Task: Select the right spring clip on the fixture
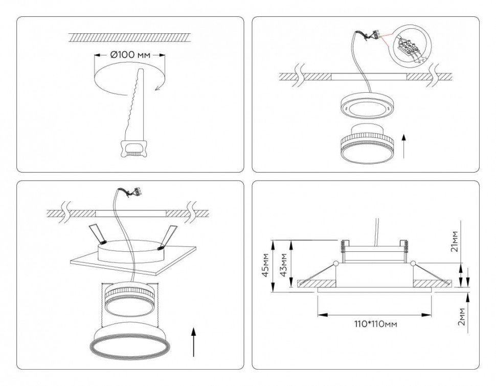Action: (x=169, y=236)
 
